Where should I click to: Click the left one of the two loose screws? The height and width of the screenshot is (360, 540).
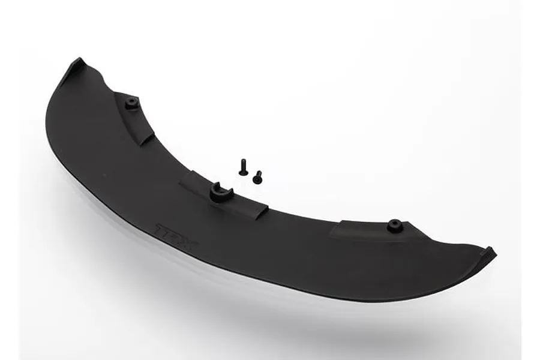(243, 167)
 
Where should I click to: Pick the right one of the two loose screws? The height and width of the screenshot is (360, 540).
(257, 177)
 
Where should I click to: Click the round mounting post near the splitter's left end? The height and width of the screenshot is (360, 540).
(131, 103)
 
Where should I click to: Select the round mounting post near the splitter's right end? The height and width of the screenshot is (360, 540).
(394, 226)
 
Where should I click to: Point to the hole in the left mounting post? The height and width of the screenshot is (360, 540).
(131, 102)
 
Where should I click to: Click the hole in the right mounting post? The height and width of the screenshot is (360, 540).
(394, 224)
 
